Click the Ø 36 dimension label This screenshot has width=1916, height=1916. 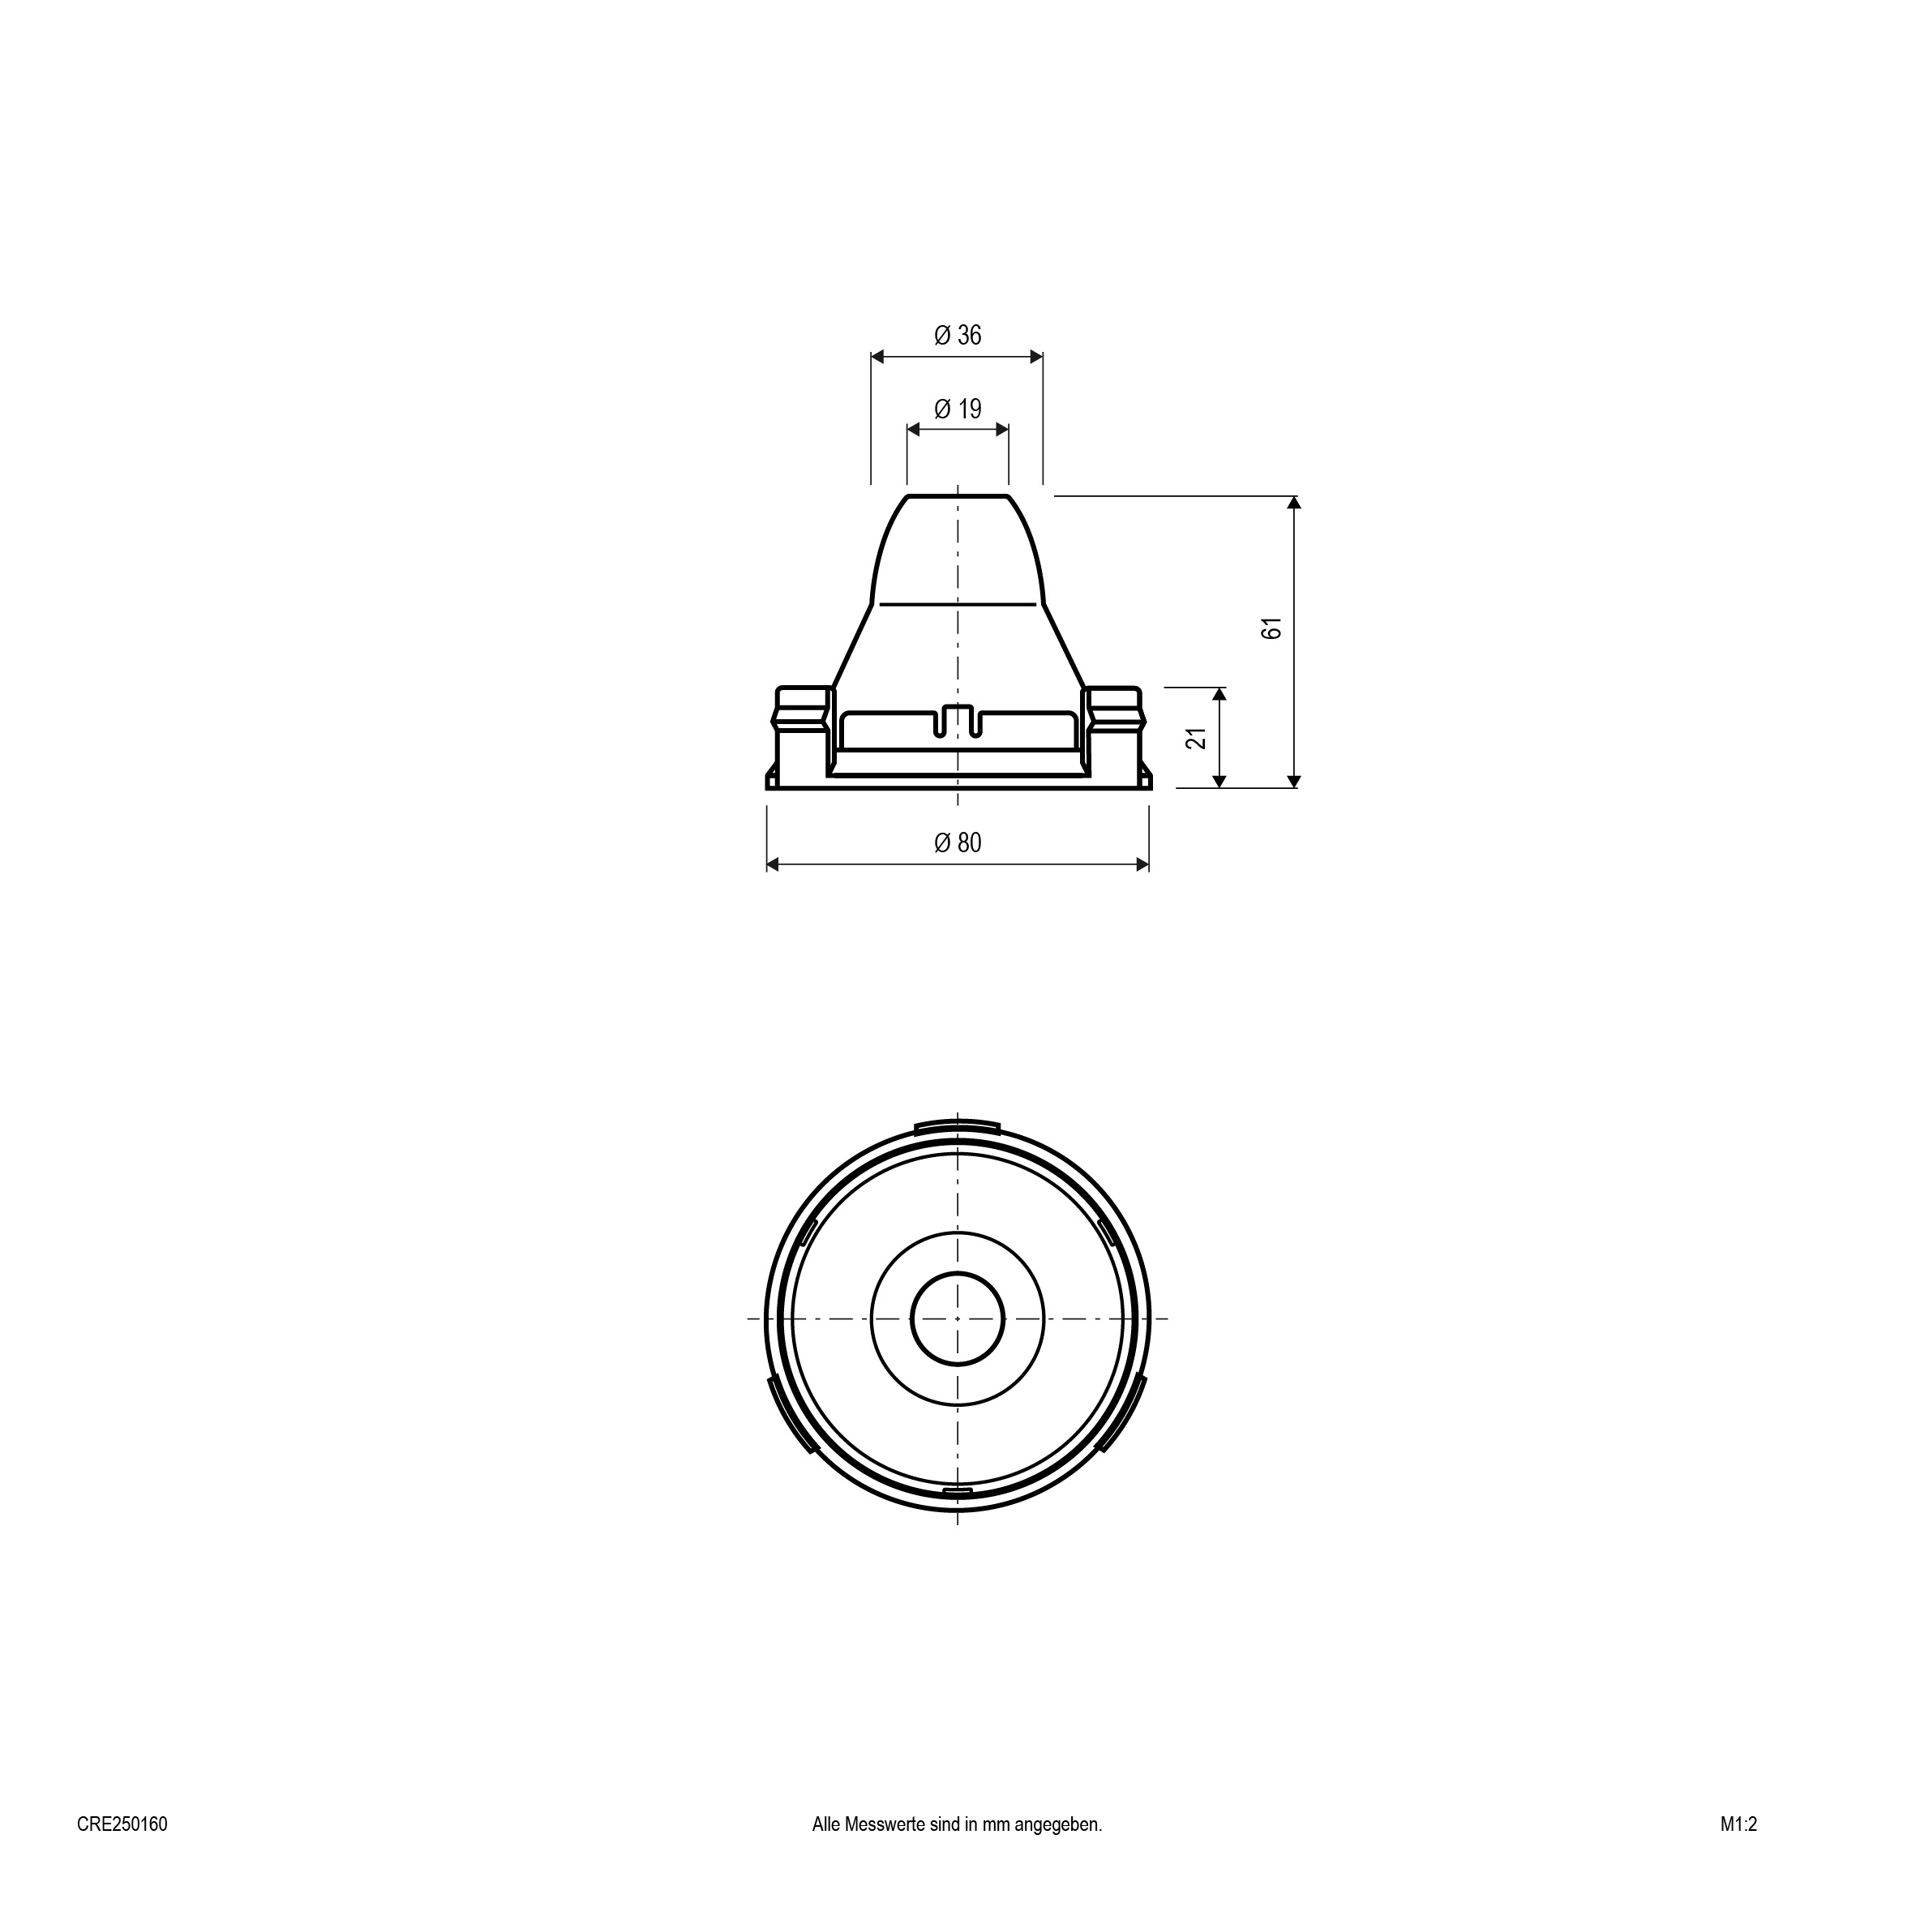[957, 335]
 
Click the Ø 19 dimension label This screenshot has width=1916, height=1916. [957, 409]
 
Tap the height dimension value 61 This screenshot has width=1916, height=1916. [1272, 628]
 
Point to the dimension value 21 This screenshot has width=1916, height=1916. [1198, 738]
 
